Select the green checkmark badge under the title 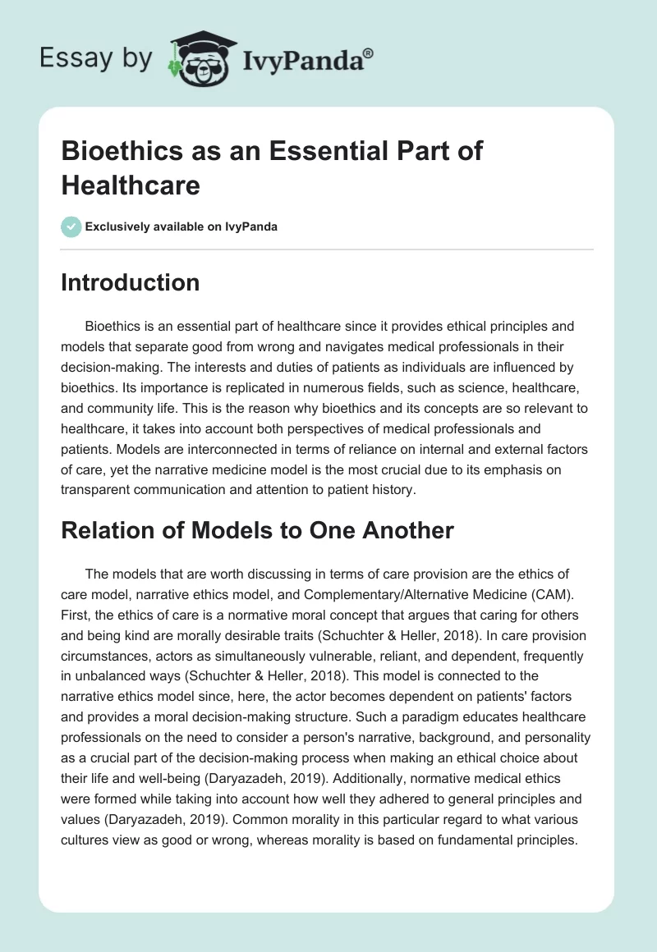(x=71, y=227)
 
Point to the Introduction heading (x=131, y=282)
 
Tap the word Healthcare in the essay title (x=131, y=185)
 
